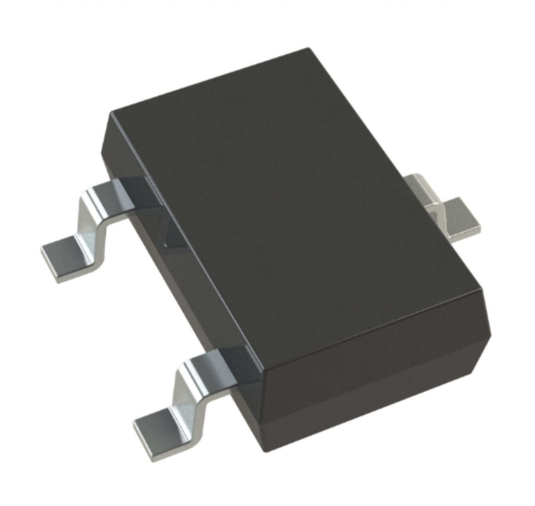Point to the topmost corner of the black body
click(308, 48)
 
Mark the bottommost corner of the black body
click(267, 451)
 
